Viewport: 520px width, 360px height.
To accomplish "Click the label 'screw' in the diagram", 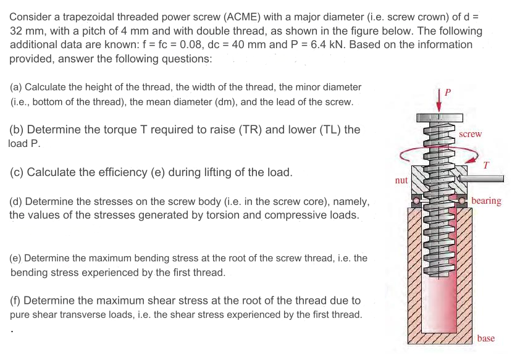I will click(x=471, y=134).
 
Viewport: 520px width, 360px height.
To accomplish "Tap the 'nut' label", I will click(x=401, y=180).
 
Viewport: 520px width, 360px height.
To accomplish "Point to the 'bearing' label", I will click(x=486, y=201).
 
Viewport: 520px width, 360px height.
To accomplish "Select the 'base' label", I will click(x=485, y=338).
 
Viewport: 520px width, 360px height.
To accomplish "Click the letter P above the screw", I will click(x=448, y=92).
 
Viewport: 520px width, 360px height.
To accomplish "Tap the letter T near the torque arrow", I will click(x=486, y=165).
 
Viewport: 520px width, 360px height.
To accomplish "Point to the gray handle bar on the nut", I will click(x=485, y=179).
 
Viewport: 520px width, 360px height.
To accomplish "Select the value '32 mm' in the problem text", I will click(x=25, y=31).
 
